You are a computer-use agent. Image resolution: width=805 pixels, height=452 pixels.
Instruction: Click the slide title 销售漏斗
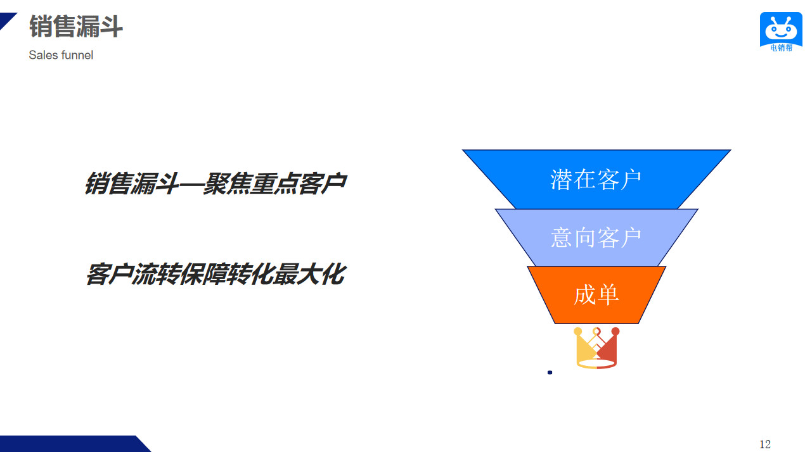(x=76, y=26)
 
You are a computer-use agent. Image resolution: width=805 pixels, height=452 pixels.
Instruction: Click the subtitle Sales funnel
(x=61, y=55)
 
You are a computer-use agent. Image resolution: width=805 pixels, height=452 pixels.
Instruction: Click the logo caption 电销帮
(x=782, y=47)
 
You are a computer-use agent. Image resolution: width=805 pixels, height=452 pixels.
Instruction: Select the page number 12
(x=764, y=444)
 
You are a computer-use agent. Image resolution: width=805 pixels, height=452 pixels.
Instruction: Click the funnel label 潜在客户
(x=595, y=179)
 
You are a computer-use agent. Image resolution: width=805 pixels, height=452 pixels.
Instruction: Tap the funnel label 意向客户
(x=596, y=237)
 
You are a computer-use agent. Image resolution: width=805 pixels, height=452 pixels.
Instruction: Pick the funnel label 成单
(x=596, y=295)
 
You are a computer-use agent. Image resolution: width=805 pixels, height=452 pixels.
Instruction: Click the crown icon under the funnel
(x=596, y=348)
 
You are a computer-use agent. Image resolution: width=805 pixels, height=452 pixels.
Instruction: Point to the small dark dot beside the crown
(x=550, y=372)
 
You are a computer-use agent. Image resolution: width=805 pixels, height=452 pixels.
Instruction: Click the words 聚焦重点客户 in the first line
(x=275, y=184)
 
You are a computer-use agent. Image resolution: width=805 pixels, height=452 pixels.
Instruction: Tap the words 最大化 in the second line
(x=310, y=274)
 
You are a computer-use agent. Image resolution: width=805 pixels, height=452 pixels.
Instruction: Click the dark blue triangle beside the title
(x=7, y=20)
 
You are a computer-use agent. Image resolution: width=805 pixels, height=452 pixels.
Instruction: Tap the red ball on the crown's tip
(x=615, y=331)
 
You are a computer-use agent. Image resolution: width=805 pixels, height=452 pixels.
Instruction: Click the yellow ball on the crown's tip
(x=578, y=331)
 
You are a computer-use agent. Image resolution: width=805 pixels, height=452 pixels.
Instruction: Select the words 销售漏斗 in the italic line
(x=132, y=184)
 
